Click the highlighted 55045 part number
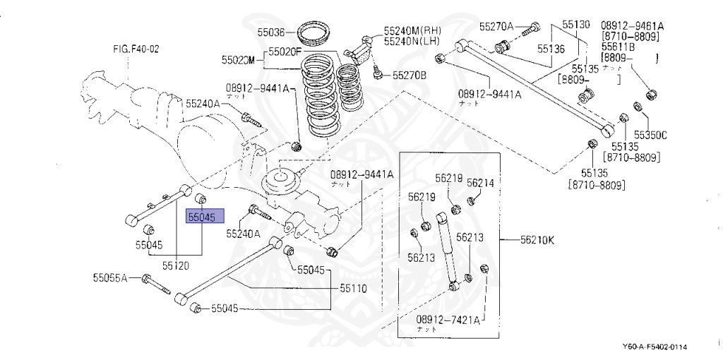click(204, 217)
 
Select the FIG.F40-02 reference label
click(136, 49)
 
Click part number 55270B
click(410, 74)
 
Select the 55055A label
click(109, 277)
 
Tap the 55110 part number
click(354, 288)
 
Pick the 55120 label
click(176, 265)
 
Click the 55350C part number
click(650, 134)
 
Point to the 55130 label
click(575, 25)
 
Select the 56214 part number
click(480, 182)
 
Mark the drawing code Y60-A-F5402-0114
click(655, 347)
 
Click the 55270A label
click(497, 27)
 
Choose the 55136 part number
click(550, 49)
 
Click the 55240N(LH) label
click(412, 42)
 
